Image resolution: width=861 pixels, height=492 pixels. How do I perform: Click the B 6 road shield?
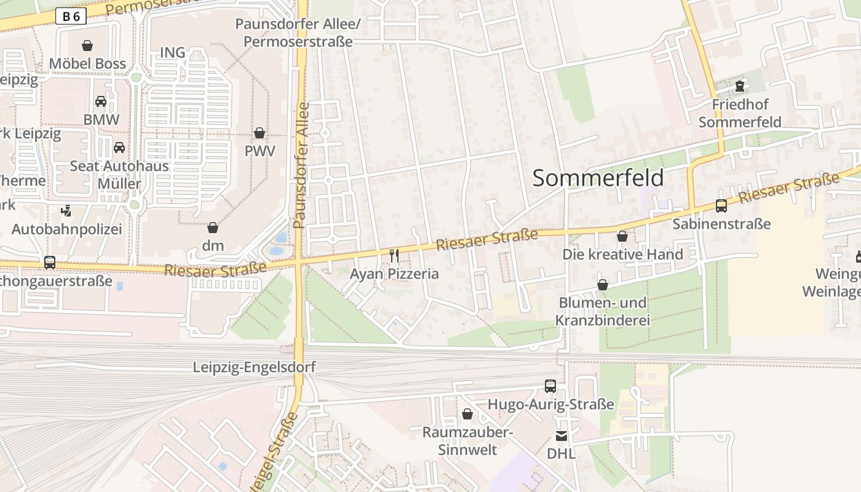point(71,17)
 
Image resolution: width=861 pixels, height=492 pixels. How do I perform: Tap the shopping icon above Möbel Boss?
point(87,46)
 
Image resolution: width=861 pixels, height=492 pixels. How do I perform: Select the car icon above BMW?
point(101,101)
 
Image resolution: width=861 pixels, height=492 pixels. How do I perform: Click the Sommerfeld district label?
point(598,178)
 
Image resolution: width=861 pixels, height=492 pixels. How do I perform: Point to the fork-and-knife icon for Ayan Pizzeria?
point(394,255)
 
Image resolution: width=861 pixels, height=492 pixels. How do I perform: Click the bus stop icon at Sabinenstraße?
point(721,206)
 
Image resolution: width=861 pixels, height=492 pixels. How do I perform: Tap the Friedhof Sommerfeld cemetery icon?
point(740,86)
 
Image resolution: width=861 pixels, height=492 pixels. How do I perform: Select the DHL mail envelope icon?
point(561,436)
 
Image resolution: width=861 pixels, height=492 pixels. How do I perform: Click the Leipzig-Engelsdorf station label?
point(254,368)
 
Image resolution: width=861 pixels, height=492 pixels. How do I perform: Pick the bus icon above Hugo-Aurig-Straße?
point(550,386)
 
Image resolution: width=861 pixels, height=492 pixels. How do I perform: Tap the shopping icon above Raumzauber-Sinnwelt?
point(467,414)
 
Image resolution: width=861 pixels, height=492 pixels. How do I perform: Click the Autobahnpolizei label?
point(66,229)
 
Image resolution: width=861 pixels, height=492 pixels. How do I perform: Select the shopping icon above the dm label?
point(213,228)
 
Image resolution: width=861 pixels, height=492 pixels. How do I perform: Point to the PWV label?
point(260,151)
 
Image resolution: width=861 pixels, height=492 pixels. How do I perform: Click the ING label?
point(173,53)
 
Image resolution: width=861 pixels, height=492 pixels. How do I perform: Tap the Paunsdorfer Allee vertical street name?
point(301,166)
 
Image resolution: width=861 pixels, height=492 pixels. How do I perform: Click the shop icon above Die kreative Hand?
point(622,236)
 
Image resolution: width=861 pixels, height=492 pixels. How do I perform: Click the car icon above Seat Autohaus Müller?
point(119,148)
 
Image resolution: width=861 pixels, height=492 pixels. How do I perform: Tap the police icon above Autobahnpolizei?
point(66,211)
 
